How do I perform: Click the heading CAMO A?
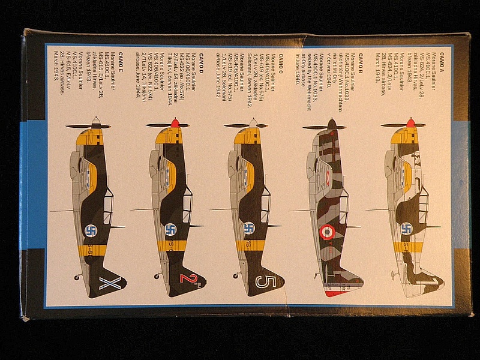point(441,59)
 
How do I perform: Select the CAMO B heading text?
point(362,59)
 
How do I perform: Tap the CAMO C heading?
point(281,59)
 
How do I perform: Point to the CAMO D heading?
point(202,59)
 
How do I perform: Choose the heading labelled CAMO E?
point(121,59)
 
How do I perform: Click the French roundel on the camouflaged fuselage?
point(327,231)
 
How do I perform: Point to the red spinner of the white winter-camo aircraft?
point(410,122)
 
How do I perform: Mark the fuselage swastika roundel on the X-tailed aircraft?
point(91,230)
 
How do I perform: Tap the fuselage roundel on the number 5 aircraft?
point(249,229)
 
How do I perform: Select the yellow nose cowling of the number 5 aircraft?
point(247,137)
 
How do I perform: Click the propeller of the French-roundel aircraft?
point(324,127)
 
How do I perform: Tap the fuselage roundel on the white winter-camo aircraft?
point(406,229)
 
